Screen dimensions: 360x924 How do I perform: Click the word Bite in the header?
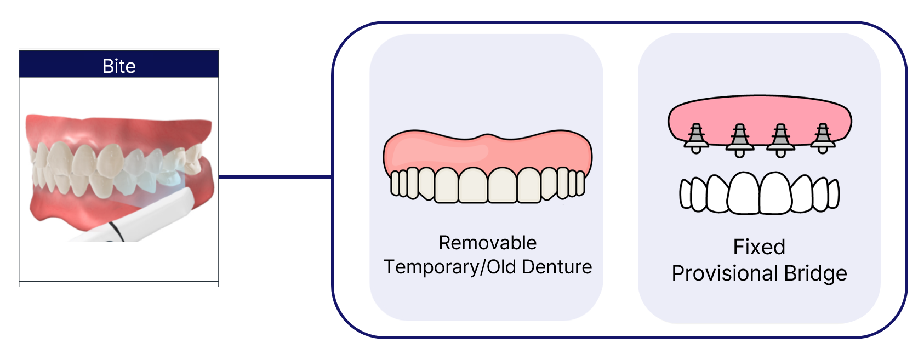point(119,66)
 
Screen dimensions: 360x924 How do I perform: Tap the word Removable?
point(487,243)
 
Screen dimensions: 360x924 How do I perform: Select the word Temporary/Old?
point(450,267)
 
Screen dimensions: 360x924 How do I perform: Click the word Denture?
point(557,267)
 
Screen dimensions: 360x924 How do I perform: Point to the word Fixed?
point(759,247)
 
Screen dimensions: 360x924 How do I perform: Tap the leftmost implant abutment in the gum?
point(696,138)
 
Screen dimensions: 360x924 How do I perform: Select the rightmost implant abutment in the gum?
point(823,138)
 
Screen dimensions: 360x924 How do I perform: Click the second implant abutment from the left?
point(739,140)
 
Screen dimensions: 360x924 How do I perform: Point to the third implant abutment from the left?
point(780,140)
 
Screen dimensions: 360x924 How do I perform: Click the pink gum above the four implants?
point(759,112)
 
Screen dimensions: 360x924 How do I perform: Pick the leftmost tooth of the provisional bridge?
point(686,194)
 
